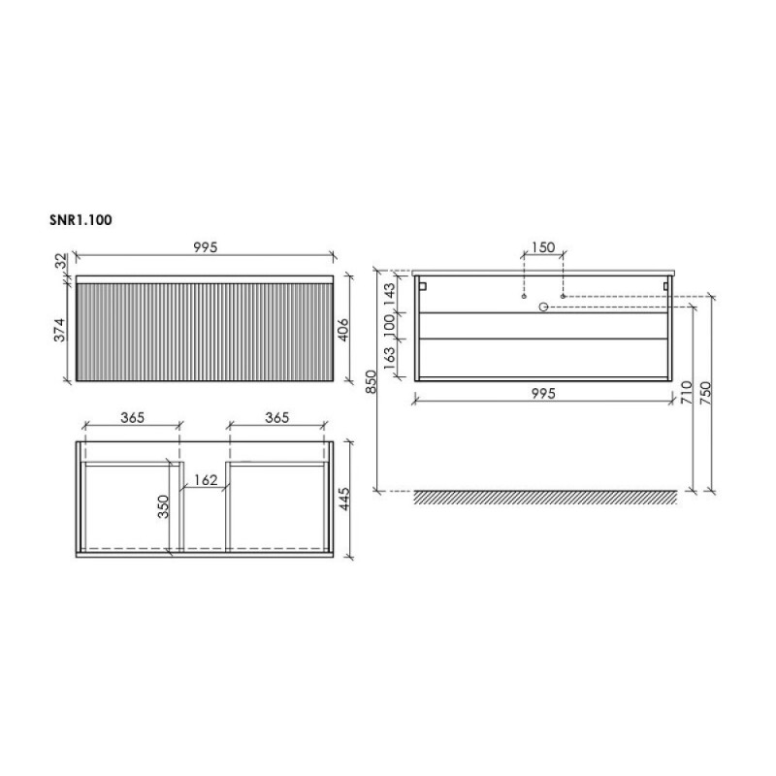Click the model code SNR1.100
(x=81, y=220)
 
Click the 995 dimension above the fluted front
(x=206, y=247)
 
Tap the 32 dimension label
(x=60, y=261)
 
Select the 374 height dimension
(x=59, y=330)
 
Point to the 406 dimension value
(x=344, y=330)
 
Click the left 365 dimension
(x=133, y=418)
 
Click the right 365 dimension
(x=277, y=418)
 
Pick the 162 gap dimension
(x=206, y=480)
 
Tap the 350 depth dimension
(x=163, y=506)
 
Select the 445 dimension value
(x=344, y=499)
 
